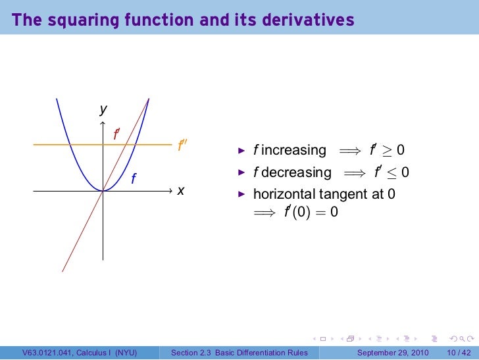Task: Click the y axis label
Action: (x=103, y=110)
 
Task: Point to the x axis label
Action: (x=180, y=190)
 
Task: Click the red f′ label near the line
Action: (x=116, y=134)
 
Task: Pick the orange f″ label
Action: (x=183, y=145)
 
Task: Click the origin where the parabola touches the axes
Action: (x=103, y=190)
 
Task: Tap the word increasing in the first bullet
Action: (x=293, y=150)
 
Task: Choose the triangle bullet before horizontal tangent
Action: (x=241, y=195)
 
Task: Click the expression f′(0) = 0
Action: (x=311, y=213)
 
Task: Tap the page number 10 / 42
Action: (x=459, y=353)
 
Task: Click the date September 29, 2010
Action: (x=393, y=353)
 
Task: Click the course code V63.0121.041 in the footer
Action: (x=47, y=353)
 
